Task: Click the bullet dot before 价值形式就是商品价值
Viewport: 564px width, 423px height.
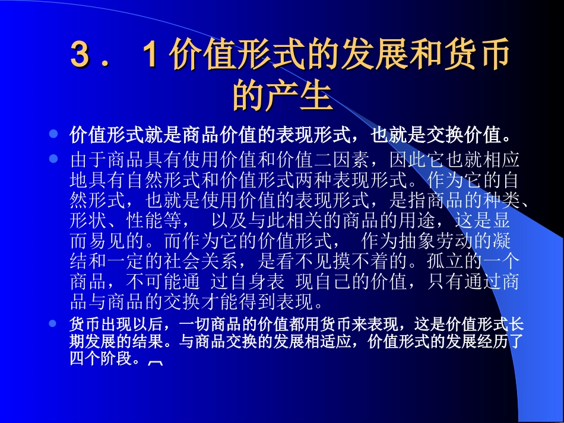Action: pyautogui.click(x=53, y=134)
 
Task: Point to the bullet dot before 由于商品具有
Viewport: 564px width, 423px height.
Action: pyautogui.click(x=53, y=159)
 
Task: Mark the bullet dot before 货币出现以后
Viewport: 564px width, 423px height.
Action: pyautogui.click(x=53, y=324)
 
